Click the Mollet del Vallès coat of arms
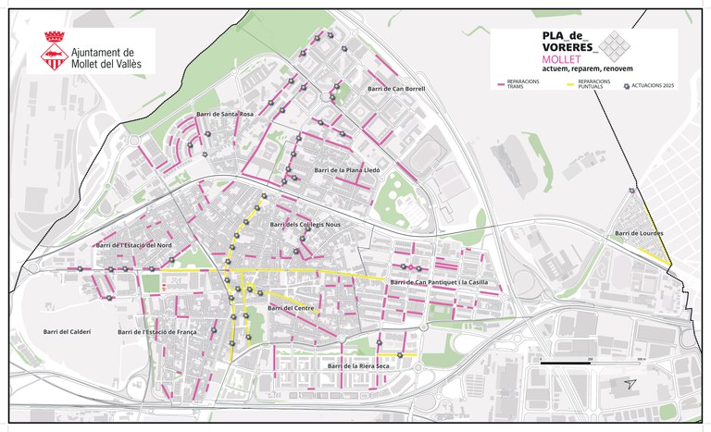pyautogui.click(x=52, y=52)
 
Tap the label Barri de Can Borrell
pyautogui.click(x=395, y=89)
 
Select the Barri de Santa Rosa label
pyautogui.click(x=224, y=114)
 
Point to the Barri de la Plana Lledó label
pyautogui.click(x=347, y=170)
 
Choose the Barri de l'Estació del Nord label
pyautogui.click(x=134, y=245)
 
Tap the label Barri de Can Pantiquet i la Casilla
pyautogui.click(x=438, y=282)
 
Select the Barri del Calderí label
pyautogui.click(x=67, y=331)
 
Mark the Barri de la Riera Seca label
pyautogui.click(x=357, y=366)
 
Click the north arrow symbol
pyautogui.click(x=630, y=383)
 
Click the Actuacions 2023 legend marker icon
pyautogui.click(x=627, y=84)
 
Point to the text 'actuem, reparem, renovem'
pyautogui.click(x=555, y=68)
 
